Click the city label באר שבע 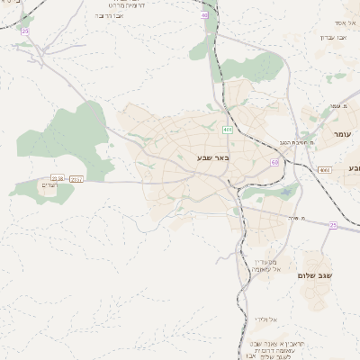pyautogui.click(x=213, y=158)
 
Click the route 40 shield pyautogui.click(x=205, y=15)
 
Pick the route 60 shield pyautogui.click(x=274, y=162)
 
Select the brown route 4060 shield pyautogui.click(x=324, y=169)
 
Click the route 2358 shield pyautogui.click(x=58, y=178)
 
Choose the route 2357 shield pyautogui.click(x=76, y=179)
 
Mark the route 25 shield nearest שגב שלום pyautogui.click(x=332, y=225)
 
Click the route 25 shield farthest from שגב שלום pyautogui.click(x=25, y=31)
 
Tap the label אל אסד pyautogui.click(x=346, y=22)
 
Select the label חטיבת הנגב pyautogui.click(x=295, y=141)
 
